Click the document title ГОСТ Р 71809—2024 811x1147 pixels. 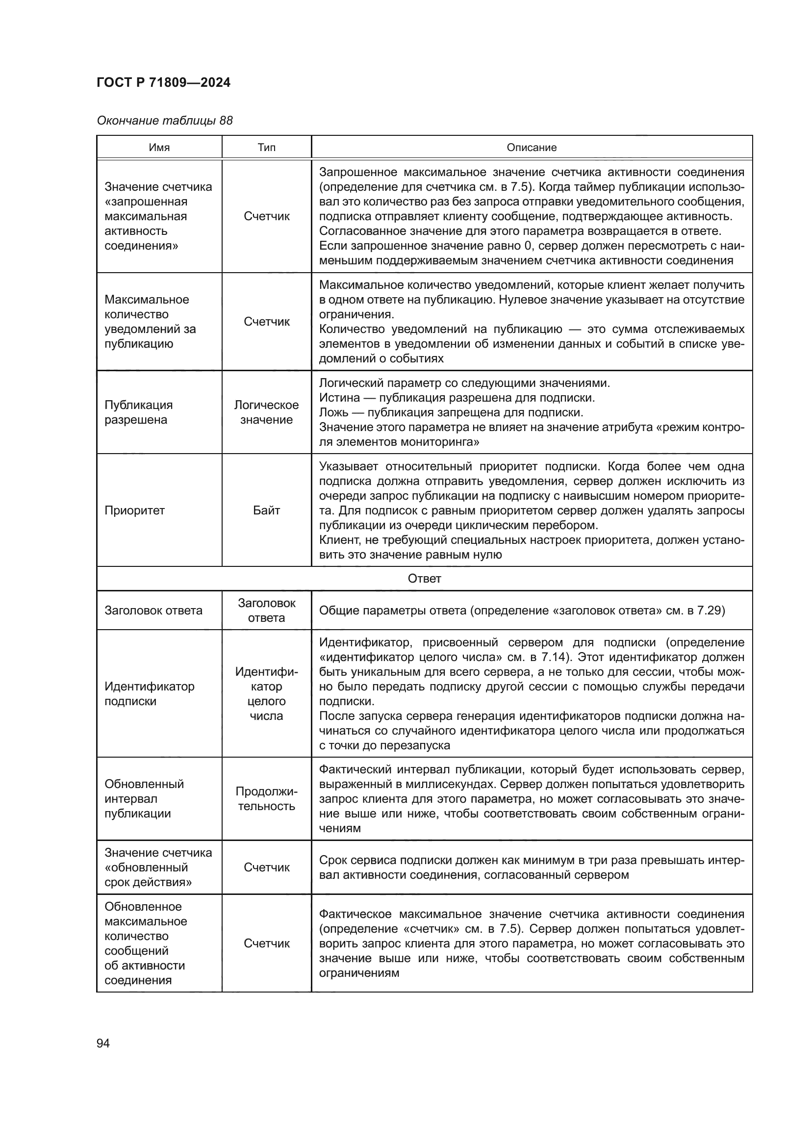[x=163, y=82]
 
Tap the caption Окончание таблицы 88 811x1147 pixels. [x=164, y=121]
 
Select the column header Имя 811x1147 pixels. [x=159, y=148]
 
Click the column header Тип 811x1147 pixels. [x=266, y=148]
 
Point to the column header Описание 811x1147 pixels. [x=532, y=148]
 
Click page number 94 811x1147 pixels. [x=103, y=1043]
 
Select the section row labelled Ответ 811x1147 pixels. [x=424, y=579]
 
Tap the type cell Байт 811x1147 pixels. [x=266, y=510]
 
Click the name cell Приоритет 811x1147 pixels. [x=134, y=510]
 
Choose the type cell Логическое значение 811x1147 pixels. [x=266, y=412]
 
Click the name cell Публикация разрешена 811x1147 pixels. [x=138, y=412]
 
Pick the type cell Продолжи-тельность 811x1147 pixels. [x=266, y=799]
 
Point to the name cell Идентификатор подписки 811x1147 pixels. [x=150, y=693]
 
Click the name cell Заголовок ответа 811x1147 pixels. [x=153, y=611]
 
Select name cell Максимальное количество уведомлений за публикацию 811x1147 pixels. [x=150, y=321]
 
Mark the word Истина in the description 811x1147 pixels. [x=340, y=398]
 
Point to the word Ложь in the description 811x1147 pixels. [x=334, y=412]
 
